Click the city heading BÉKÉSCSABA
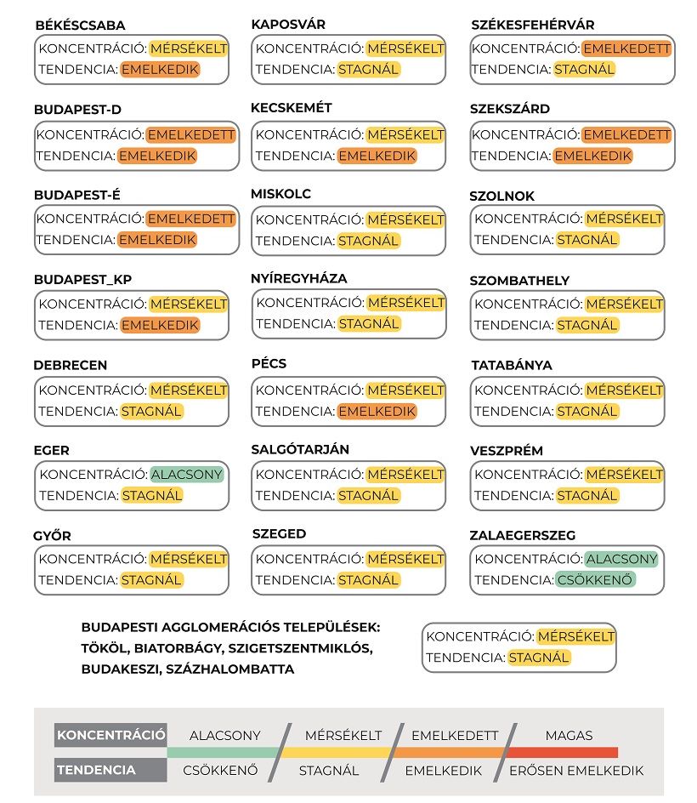point(80,26)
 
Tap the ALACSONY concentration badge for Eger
point(187,474)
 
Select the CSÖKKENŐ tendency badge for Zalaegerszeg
point(596,580)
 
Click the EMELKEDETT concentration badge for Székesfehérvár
point(627,48)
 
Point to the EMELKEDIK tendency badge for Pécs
point(377,411)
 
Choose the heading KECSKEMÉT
point(292,108)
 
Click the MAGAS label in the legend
point(569,735)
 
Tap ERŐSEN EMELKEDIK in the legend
point(576,771)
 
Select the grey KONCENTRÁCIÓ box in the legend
point(110,735)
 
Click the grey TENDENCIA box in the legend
point(110,770)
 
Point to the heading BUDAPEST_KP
point(83,280)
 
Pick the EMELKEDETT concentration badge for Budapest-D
point(190,134)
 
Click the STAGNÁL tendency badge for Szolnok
point(586,240)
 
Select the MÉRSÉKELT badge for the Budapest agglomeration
point(576,636)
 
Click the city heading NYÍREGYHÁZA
point(299,278)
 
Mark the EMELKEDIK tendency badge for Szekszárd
point(593,156)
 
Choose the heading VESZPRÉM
point(507,451)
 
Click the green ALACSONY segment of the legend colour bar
point(223,753)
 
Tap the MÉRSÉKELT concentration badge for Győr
point(189,559)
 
